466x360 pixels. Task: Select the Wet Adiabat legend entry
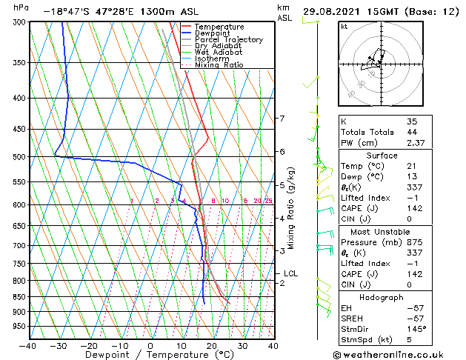[220, 53]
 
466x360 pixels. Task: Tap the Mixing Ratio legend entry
[219, 65]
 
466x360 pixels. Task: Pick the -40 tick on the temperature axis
[28, 346]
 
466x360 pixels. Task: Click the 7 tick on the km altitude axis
[282, 119]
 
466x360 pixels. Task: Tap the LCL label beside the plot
[291, 273]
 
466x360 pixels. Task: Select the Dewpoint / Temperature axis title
[150, 355]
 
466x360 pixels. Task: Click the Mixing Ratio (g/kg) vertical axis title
[291, 207]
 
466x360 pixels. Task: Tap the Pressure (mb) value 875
[415, 242]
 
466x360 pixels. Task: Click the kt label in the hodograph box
[344, 27]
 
